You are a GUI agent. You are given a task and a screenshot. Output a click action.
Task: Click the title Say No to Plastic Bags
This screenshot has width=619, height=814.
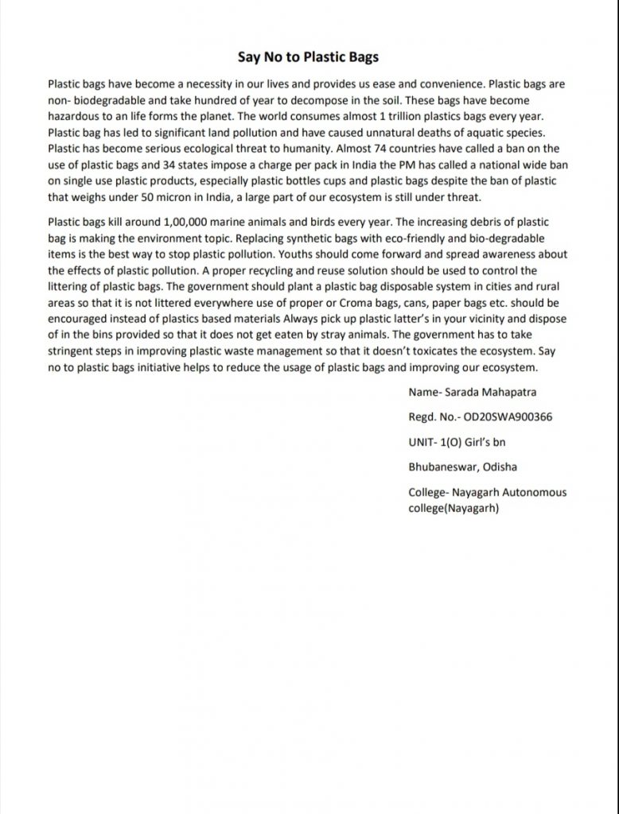click(x=309, y=57)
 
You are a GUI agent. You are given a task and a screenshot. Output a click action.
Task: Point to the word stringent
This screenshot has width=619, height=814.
click(x=69, y=352)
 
